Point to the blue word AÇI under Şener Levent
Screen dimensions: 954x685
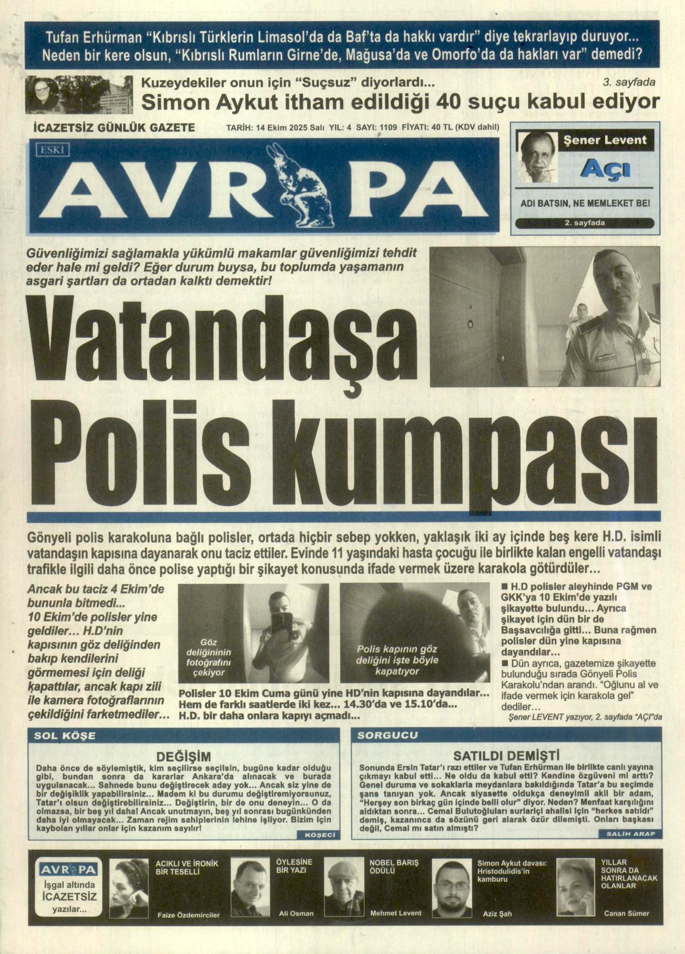[606, 169]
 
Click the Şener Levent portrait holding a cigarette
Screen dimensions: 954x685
[539, 157]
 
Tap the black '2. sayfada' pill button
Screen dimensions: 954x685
[585, 223]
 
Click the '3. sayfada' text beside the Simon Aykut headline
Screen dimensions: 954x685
[629, 82]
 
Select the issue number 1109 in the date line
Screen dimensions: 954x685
[388, 128]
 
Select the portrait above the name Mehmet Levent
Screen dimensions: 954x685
[344, 888]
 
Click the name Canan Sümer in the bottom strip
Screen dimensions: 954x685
[626, 914]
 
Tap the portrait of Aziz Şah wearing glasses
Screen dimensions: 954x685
[452, 888]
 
